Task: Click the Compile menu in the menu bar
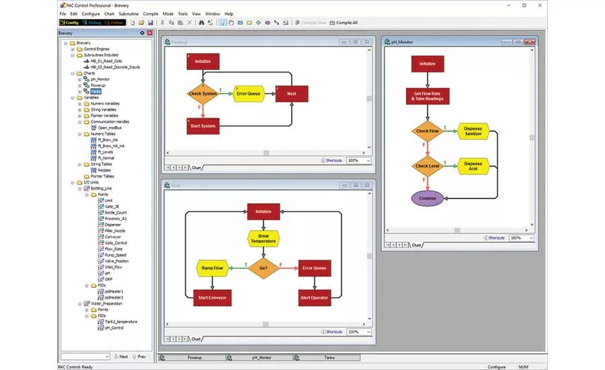coord(150,13)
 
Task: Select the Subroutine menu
coord(128,13)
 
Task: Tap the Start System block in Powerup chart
coord(203,126)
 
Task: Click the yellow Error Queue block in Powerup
coord(248,94)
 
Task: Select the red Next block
coord(291,94)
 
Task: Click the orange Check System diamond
coord(203,94)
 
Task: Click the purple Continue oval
coord(427,198)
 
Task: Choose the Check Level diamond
coord(427,165)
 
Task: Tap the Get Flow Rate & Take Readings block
coord(427,96)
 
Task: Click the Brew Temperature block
coord(263,239)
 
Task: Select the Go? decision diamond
coord(263,268)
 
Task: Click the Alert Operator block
coord(314,297)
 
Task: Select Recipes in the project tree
coord(104,170)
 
